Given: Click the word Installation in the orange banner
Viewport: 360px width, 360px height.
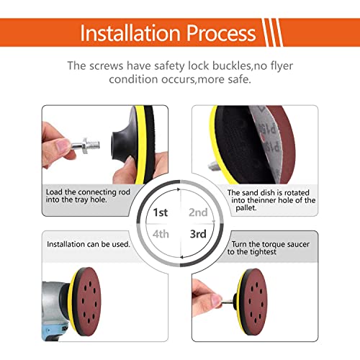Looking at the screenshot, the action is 130,33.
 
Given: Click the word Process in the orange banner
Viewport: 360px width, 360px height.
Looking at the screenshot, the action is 221,33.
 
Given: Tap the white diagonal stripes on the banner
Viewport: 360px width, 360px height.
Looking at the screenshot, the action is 272,32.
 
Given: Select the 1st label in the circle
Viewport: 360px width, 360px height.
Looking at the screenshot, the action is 161,212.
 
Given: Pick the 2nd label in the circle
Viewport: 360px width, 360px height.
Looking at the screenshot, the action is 198,212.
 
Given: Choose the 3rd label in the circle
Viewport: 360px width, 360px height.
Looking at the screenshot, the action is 198,234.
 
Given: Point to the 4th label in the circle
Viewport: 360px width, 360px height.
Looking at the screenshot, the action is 161,234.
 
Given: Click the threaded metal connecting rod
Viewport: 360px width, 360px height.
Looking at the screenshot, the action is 86,145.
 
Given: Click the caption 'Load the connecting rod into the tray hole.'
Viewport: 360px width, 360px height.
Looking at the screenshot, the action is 88,196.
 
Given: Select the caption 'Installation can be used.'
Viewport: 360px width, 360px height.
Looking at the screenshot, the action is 89,244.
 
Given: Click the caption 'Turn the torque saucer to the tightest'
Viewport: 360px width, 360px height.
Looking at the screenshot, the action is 269,248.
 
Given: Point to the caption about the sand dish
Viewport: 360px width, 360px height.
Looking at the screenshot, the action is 271,200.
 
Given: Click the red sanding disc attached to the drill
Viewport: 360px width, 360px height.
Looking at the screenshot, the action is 88,301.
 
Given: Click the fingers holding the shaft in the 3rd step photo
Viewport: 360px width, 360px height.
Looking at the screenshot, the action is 207,297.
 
